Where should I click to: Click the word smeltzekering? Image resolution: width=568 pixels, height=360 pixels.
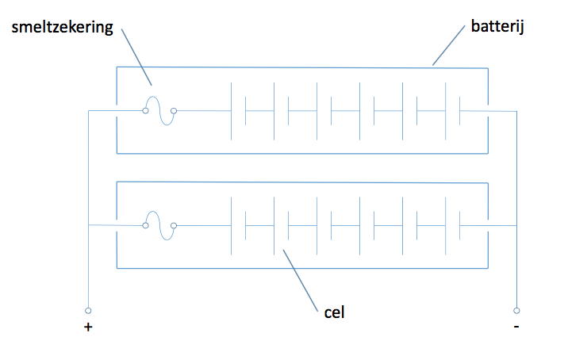63,28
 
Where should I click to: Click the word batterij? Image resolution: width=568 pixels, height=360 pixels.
497,26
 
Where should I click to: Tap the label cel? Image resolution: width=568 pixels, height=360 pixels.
334,312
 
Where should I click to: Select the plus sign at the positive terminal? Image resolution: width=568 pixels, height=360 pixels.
88,327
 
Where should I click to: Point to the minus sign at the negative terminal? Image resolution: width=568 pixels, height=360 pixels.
516,327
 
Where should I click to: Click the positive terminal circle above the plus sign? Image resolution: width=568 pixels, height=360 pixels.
88,311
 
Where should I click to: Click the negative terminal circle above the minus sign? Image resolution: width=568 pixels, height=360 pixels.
516,311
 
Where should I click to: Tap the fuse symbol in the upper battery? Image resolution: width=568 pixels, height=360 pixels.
159,111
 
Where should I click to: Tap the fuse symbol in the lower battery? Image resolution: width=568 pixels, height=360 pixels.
159,226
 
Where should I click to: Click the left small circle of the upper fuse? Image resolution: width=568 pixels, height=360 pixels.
145,111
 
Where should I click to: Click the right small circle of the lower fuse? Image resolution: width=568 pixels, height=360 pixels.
174,226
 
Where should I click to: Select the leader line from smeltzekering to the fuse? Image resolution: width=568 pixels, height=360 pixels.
136,57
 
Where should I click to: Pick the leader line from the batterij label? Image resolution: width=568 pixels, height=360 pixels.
448,45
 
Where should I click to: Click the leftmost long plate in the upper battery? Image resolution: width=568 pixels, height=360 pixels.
231,111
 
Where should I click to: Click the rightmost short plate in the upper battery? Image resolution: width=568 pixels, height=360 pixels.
459,111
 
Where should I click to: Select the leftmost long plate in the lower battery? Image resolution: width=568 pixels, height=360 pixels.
231,226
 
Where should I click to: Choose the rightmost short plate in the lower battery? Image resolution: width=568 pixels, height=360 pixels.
459,226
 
